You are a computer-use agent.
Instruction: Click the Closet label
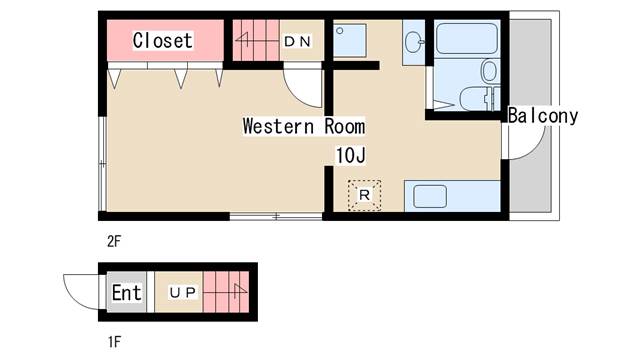coord(162,40)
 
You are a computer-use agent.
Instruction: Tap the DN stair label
coord(298,41)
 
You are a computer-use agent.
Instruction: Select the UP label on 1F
coord(182,292)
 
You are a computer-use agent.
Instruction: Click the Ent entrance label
coord(127,292)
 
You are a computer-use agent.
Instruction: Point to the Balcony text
coord(543,116)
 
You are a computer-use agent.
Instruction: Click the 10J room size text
coord(350,155)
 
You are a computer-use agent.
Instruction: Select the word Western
coord(278,126)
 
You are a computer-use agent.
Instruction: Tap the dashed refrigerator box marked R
coord(364,195)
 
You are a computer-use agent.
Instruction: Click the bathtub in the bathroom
coord(467,38)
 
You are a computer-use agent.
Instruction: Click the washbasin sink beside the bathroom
coord(415,42)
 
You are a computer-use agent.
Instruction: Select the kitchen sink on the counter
coord(430,196)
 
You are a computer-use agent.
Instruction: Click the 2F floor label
coord(114,241)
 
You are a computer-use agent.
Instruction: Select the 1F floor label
coord(114,342)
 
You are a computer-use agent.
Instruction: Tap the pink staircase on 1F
coord(226,292)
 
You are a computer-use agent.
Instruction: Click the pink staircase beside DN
coord(256,40)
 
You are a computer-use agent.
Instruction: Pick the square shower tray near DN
coord(349,40)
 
